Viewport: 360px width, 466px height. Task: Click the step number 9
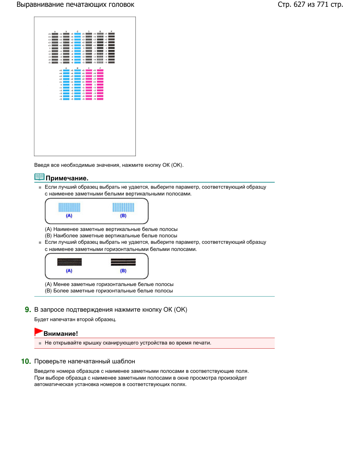tap(28, 310)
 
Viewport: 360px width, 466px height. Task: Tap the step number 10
tap(26, 361)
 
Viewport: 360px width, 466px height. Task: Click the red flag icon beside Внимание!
tap(38, 332)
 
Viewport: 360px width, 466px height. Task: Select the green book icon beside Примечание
tap(39, 177)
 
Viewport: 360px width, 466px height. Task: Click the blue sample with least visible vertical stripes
tap(69, 207)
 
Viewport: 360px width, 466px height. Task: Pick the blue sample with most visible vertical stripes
tap(123, 207)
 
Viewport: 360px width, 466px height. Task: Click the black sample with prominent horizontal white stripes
tap(123, 262)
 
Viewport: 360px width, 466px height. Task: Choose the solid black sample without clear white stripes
tap(69, 262)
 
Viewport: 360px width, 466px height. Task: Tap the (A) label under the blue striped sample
tap(69, 216)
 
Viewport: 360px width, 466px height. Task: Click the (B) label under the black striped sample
tap(123, 271)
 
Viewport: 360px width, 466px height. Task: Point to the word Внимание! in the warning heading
tap(60, 334)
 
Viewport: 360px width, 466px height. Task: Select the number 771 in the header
tap(323, 5)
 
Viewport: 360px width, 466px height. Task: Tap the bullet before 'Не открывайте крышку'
tap(40, 343)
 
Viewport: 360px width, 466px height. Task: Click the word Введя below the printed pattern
tap(42, 165)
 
